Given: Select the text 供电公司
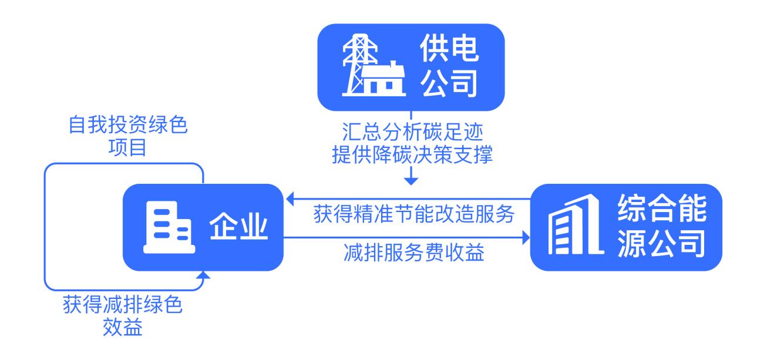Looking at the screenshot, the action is [x=449, y=65].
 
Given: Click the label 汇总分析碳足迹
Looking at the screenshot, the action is [x=412, y=132].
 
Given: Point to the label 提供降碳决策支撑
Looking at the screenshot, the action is [x=412, y=154].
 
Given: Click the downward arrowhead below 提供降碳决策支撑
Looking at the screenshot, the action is [x=411, y=181].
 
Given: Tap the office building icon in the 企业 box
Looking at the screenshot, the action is [x=169, y=227].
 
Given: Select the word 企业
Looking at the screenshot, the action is [x=238, y=227].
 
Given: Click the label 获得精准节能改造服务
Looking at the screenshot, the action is [x=413, y=214].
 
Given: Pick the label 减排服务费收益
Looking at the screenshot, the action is [x=413, y=252].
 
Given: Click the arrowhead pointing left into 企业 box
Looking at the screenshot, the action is [x=290, y=198].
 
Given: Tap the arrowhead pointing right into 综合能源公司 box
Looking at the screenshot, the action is [x=526, y=238].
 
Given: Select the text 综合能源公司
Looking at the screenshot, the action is [x=662, y=226].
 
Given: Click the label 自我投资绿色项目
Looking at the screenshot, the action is [x=128, y=136].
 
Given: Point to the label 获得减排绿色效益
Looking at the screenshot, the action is [x=122, y=315].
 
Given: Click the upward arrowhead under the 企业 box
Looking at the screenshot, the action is [x=203, y=275].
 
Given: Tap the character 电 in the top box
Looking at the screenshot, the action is [x=465, y=48].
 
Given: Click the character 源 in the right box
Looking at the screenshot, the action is [x=631, y=243].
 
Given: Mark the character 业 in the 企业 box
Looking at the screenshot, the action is [x=254, y=227].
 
